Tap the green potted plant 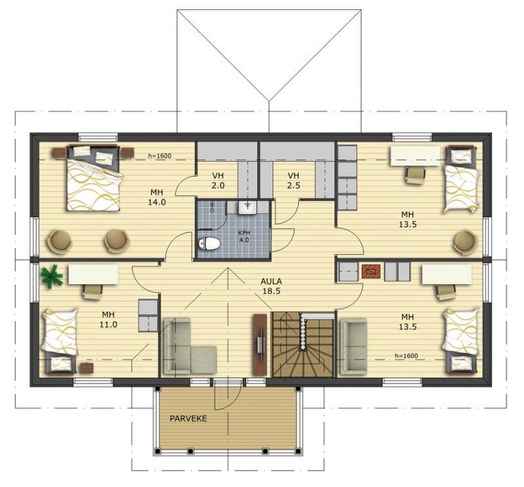point(52,276)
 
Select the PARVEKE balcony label point(189,418)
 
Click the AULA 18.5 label point(271,286)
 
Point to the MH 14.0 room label point(157,197)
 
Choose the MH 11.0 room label point(108,319)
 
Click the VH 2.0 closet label point(218,181)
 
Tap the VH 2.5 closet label point(293,181)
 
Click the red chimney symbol point(371,271)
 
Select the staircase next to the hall point(303,345)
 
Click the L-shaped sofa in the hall point(189,346)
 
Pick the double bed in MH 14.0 point(94,178)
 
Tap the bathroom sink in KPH point(248,207)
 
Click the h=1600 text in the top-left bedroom point(160,156)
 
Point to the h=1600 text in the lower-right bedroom point(406,355)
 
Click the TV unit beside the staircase point(260,345)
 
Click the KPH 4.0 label point(244,236)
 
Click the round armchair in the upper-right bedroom point(465,242)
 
